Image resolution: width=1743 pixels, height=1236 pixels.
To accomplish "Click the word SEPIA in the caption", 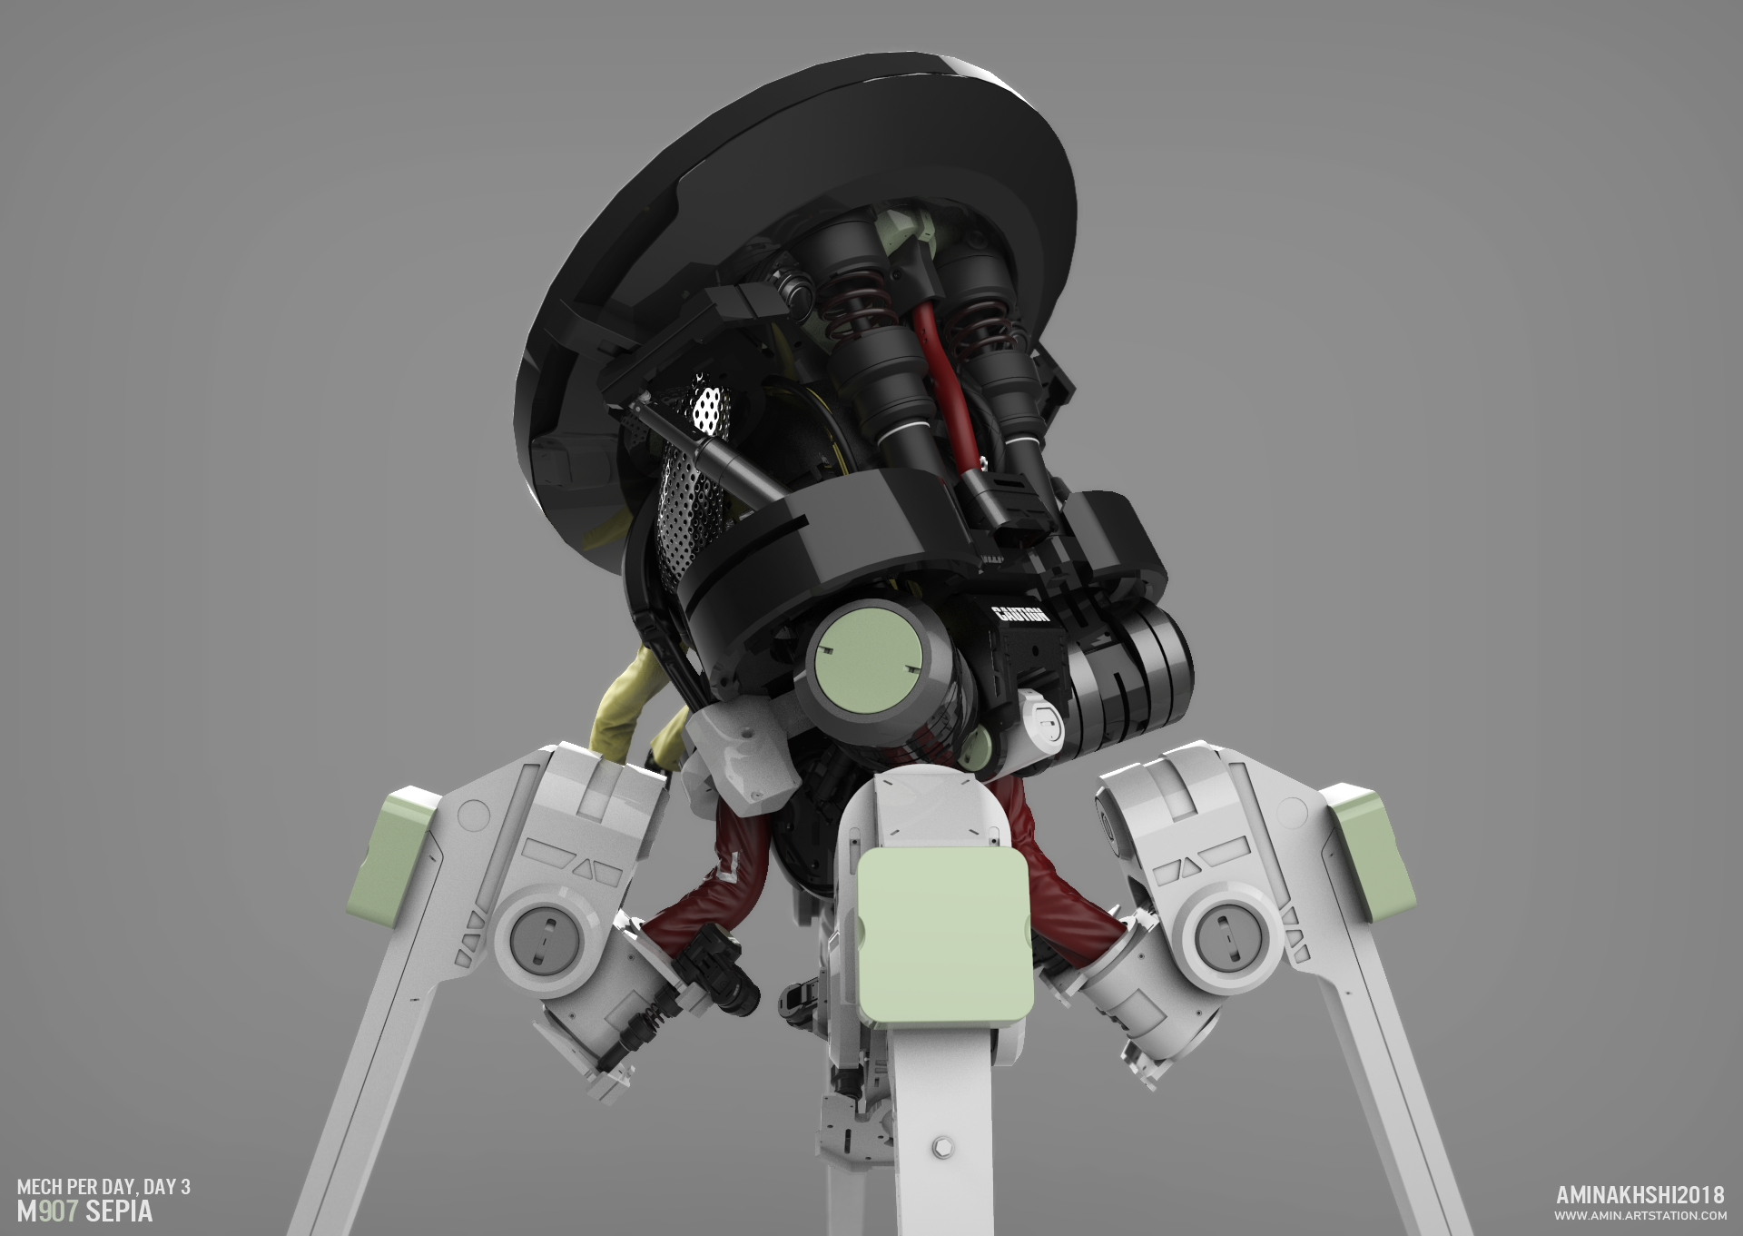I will [118, 1212].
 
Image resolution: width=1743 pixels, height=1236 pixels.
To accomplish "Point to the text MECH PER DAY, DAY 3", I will [103, 1187].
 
